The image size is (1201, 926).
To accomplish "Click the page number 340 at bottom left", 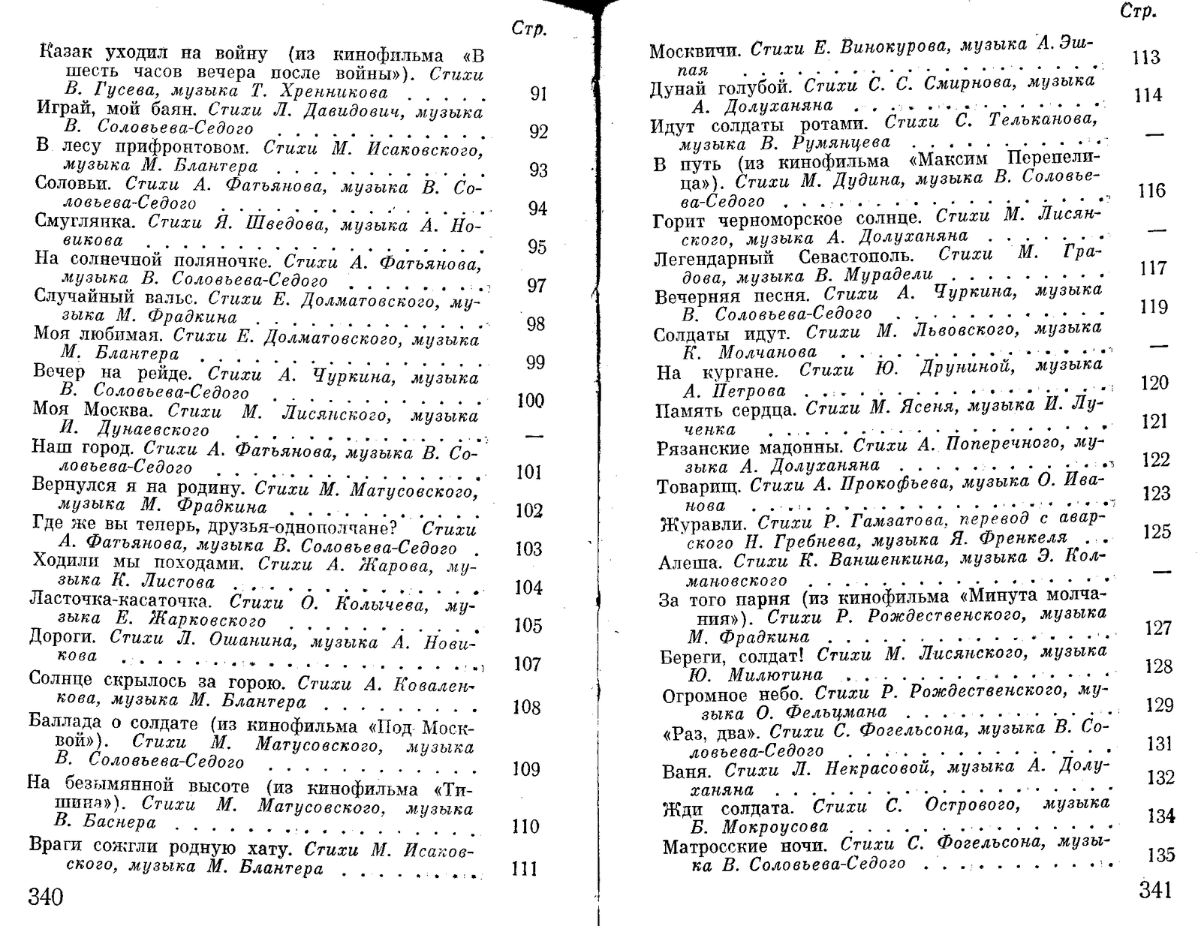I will (46, 897).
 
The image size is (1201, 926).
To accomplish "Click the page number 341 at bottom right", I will (1154, 890).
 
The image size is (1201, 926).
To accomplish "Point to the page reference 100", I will (530, 401).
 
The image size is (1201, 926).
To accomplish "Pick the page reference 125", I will (1157, 531).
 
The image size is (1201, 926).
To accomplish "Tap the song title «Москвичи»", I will (695, 52).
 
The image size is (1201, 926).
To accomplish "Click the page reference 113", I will (1145, 57).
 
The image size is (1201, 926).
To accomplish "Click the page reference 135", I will (1161, 855).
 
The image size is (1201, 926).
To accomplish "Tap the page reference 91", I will (538, 94).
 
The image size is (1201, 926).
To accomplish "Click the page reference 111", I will (524, 868).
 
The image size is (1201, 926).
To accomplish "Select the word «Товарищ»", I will (699, 486).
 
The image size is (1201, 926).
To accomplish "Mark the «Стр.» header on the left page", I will (528, 29).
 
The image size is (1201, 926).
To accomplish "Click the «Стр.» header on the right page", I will (1137, 11).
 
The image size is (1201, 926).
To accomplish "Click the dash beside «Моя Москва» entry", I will (533, 436).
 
